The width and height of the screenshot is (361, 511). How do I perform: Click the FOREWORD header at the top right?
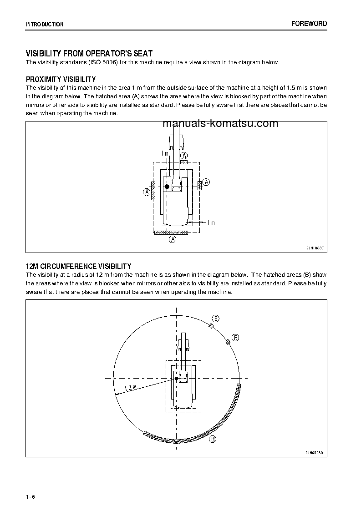pyautogui.click(x=309, y=24)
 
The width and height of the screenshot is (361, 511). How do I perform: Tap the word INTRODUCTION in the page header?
pyautogui.click(x=45, y=25)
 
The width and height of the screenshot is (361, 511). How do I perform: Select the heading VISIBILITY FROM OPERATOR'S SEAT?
pyautogui.click(x=89, y=54)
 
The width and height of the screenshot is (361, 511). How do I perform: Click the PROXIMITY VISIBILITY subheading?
pyautogui.click(x=61, y=79)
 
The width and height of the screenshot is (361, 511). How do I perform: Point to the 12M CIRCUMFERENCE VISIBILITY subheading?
pyautogui.click(x=78, y=266)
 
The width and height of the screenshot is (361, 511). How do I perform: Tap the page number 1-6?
pyautogui.click(x=31, y=496)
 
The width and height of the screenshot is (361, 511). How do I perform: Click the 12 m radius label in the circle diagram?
pyautogui.click(x=130, y=387)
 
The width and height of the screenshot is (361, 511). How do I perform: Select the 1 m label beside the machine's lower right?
pyautogui.click(x=211, y=223)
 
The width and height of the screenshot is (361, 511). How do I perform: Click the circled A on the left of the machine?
pyautogui.click(x=147, y=192)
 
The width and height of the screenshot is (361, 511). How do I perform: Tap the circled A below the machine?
pyautogui.click(x=173, y=239)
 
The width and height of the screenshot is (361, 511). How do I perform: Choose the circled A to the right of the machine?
pyautogui.click(x=206, y=182)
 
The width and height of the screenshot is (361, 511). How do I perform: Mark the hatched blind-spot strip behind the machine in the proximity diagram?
pyautogui.click(x=171, y=233)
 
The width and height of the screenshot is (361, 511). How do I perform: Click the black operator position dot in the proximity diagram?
pyautogui.click(x=167, y=187)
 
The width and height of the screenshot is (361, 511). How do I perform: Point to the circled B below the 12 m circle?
pyautogui.click(x=212, y=439)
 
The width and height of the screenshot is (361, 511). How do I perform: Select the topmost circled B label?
pyautogui.click(x=216, y=318)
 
